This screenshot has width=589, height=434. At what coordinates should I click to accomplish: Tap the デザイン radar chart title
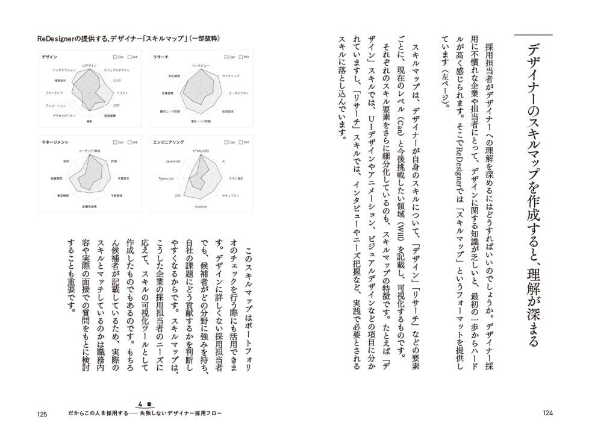pos(50,56)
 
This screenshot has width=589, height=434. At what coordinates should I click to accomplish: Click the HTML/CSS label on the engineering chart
pos(200,150)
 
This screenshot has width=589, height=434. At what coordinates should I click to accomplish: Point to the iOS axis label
pos(177,196)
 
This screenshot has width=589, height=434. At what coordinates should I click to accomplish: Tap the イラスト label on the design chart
pos(122,92)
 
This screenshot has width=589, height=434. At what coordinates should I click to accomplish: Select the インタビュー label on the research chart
pos(200,64)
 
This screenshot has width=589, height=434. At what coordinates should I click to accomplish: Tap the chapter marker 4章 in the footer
pos(141,404)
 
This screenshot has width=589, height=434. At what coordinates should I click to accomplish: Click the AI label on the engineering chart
pos(223,162)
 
